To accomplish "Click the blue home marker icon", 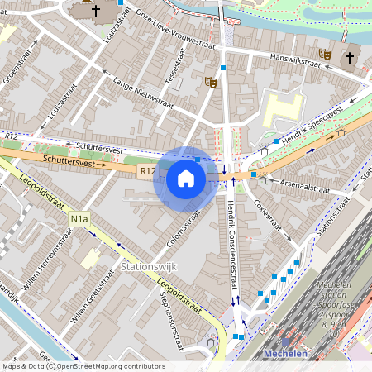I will pos(186,179).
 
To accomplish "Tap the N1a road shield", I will pos(79,219).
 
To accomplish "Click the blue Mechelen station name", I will pos(285,354).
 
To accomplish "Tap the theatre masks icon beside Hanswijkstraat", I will pos(325,54).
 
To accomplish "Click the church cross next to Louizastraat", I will pos(96,11).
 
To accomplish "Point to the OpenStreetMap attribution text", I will pos(83,366).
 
